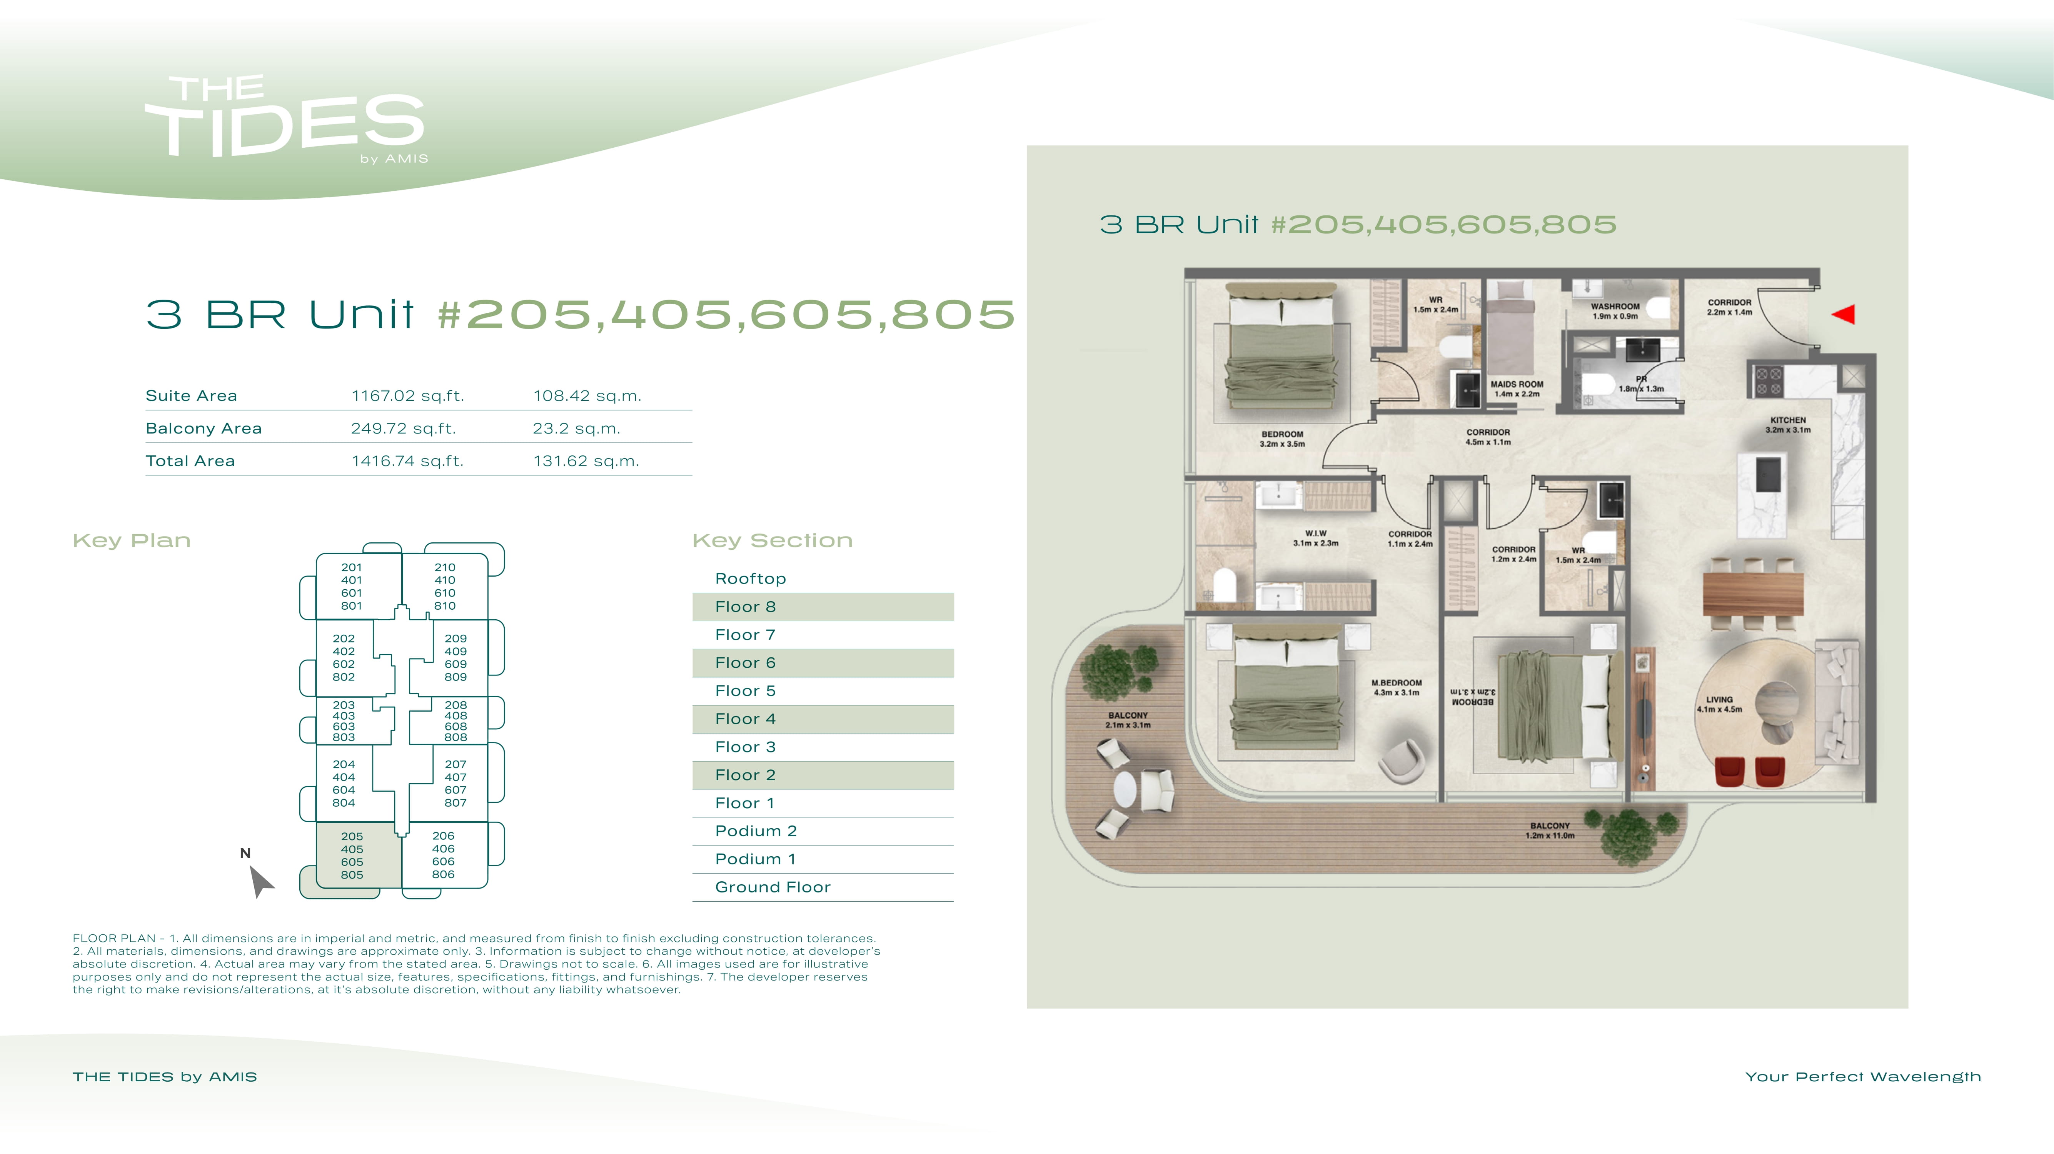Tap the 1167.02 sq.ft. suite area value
pos(407,395)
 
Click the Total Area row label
pos(190,461)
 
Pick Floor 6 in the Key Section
pos(745,663)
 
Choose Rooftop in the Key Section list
pos(750,578)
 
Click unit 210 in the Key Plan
pos(445,567)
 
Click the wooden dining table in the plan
pos(1753,594)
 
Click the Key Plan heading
pos(132,541)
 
